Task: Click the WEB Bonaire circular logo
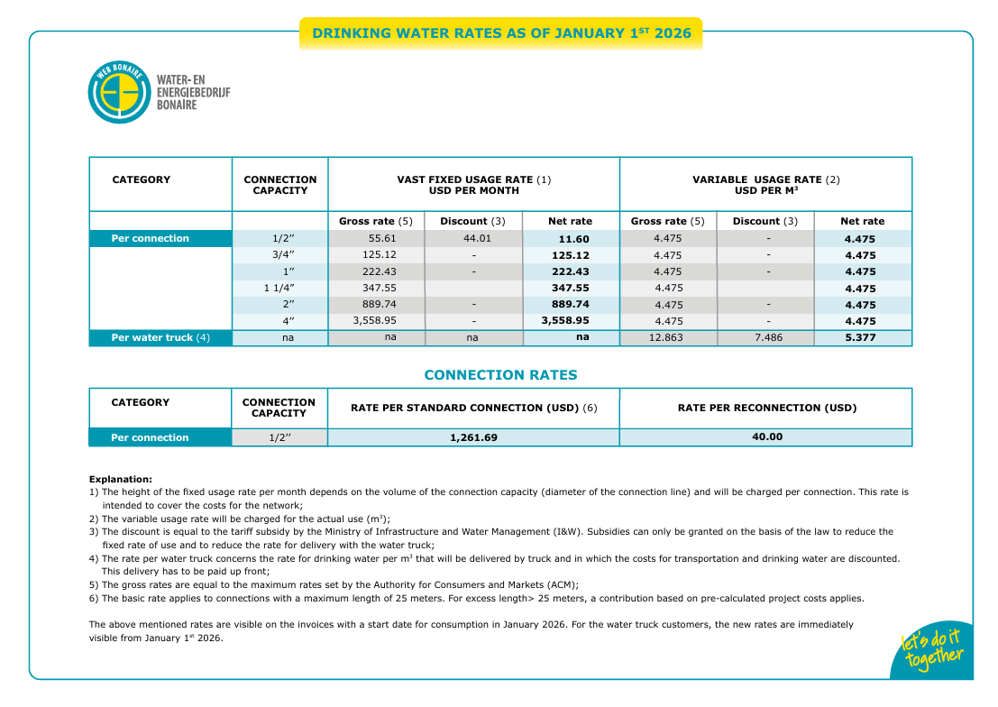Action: click(119, 92)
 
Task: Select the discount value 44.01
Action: click(473, 239)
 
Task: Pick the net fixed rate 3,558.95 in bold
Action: click(565, 321)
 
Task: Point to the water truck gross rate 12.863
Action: click(668, 338)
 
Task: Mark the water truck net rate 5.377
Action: click(861, 338)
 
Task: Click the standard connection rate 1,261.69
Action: click(473, 437)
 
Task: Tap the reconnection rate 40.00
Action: click(766, 436)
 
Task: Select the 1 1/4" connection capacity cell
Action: click(279, 289)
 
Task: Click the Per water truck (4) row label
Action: click(160, 338)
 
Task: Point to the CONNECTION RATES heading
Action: click(500, 375)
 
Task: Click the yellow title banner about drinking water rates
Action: click(501, 34)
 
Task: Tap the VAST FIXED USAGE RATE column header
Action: click(473, 185)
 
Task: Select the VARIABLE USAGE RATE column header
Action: click(765, 185)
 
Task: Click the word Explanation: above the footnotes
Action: click(120, 479)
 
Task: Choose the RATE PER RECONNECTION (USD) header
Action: click(766, 408)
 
